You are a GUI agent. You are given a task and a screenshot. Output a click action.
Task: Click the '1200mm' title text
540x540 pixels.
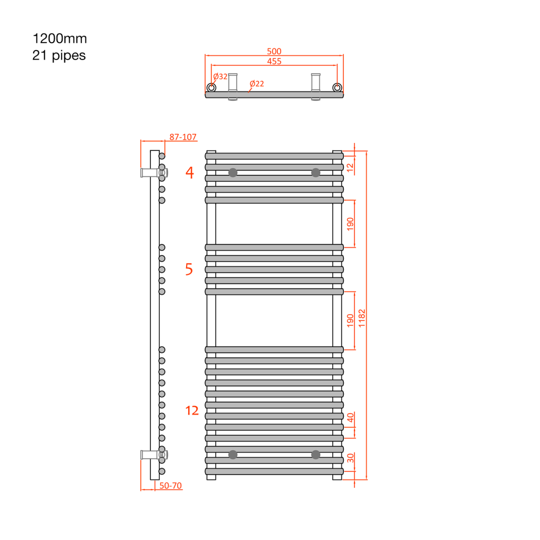[60, 38]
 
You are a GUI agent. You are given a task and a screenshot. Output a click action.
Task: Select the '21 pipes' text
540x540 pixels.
[59, 55]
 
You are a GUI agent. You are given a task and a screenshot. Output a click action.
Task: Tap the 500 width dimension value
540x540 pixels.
[274, 51]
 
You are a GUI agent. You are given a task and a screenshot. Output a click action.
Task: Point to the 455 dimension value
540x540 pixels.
[274, 61]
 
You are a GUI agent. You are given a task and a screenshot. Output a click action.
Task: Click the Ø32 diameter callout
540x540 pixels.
[220, 76]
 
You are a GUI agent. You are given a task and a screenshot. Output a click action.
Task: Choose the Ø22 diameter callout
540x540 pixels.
[257, 84]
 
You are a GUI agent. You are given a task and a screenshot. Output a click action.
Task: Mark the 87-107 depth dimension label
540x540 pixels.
[183, 137]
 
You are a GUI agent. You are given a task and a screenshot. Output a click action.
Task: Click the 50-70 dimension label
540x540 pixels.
[170, 486]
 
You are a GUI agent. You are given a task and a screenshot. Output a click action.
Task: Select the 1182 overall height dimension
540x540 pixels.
[362, 318]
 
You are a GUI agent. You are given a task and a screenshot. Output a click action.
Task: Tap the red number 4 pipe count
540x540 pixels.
[189, 172]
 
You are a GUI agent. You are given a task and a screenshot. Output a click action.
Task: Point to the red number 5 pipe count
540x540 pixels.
[189, 269]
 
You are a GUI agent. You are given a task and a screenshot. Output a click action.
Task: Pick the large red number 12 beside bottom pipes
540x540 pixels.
[192, 410]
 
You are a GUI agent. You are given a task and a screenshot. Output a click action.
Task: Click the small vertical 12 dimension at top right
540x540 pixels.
[350, 168]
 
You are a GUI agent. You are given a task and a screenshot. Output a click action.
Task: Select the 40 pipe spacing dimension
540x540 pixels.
[350, 418]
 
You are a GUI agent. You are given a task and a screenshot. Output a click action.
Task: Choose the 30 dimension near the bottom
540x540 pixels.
[350, 458]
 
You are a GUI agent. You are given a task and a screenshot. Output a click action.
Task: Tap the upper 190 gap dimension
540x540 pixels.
[350, 224]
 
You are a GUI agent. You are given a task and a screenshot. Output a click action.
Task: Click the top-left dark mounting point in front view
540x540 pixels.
[233, 172]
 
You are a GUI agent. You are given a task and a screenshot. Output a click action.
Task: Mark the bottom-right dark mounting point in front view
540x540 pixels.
[315, 455]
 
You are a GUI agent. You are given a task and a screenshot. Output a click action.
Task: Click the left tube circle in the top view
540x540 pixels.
[211, 88]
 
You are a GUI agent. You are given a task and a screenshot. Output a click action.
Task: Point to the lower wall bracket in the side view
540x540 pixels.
[154, 455]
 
